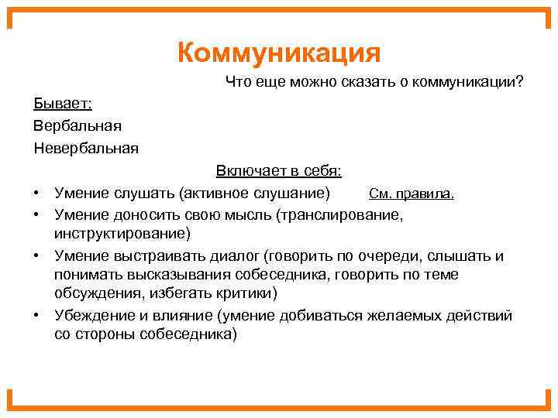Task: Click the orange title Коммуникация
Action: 279,54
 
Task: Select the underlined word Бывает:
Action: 63,103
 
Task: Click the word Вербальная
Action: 77,125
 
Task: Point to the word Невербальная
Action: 86,146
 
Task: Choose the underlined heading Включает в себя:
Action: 279,170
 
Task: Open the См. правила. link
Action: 412,193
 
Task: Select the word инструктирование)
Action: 122,233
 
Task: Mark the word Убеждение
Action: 92,316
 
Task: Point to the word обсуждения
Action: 93,294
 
